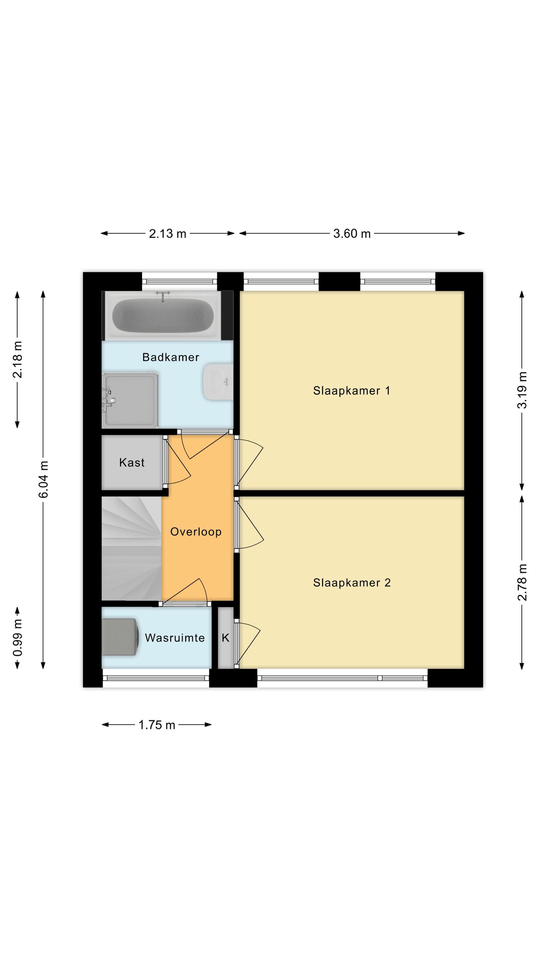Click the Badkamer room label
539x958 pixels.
coord(171,357)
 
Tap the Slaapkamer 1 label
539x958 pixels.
coord(352,391)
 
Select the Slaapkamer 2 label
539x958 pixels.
coord(352,582)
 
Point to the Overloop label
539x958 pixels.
coord(196,532)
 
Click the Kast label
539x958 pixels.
coord(132,462)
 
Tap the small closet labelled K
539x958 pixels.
coord(225,638)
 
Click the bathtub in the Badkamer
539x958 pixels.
coord(163,316)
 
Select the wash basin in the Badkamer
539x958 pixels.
coord(218,382)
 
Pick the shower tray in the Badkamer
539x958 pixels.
coord(130,400)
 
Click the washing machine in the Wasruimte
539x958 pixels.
coord(120,637)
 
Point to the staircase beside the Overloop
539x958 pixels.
coord(132,549)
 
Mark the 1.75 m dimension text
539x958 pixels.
coord(156,725)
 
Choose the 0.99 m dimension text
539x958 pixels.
coord(17,638)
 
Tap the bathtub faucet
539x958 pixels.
coord(163,296)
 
